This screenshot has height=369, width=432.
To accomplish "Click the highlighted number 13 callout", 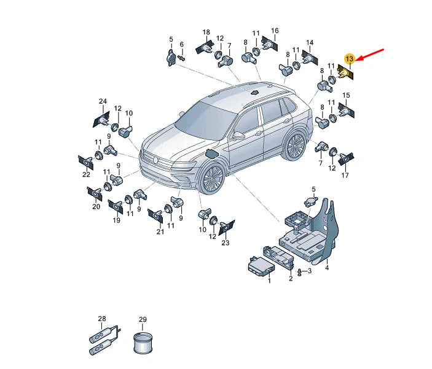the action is pyautogui.click(x=349, y=59).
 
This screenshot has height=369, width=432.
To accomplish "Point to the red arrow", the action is pyautogui.click(x=370, y=55).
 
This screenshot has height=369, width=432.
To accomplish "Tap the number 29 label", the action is pyautogui.click(x=143, y=319).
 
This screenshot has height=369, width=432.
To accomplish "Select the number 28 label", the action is pyautogui.click(x=102, y=319).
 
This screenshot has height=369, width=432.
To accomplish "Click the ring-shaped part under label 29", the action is pyautogui.click(x=143, y=343).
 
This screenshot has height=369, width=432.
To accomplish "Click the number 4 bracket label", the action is pyautogui.click(x=327, y=268).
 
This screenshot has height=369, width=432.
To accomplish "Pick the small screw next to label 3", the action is pyautogui.click(x=299, y=272).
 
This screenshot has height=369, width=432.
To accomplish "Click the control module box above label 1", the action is pyautogui.click(x=261, y=266).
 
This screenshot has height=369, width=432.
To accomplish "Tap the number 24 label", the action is pyautogui.click(x=103, y=101).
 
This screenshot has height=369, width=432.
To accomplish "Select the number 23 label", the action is pyautogui.click(x=226, y=243).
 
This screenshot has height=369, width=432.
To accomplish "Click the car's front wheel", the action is pyautogui.click(x=212, y=179).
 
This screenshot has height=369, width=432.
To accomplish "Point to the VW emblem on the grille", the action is pyautogui.click(x=155, y=160).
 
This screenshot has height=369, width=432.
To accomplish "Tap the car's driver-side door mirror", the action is pyautogui.click(x=238, y=136).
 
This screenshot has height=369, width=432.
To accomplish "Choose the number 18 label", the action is pyautogui.click(x=206, y=32).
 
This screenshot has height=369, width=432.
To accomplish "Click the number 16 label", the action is pyautogui.click(x=275, y=31).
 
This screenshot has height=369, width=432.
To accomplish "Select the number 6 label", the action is pyautogui.click(x=181, y=44).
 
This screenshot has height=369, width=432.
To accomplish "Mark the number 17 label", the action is pyautogui.click(x=345, y=175).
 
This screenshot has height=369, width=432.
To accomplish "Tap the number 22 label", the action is pyautogui.click(x=86, y=174).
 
